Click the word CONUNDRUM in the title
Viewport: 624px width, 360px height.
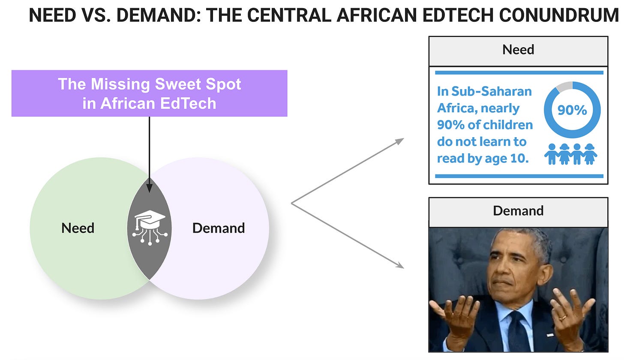558,15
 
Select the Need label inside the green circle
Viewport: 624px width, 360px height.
78,228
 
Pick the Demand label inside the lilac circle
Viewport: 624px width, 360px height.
219,228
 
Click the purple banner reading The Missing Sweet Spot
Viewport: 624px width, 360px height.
149,93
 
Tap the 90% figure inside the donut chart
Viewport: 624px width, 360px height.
572,110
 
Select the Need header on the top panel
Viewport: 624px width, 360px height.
518,50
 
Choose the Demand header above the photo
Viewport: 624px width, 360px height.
518,211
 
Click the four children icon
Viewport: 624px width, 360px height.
571,154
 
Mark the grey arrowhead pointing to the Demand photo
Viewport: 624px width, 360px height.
399,265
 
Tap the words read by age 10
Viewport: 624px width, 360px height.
483,158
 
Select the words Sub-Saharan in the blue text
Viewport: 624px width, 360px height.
492,91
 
